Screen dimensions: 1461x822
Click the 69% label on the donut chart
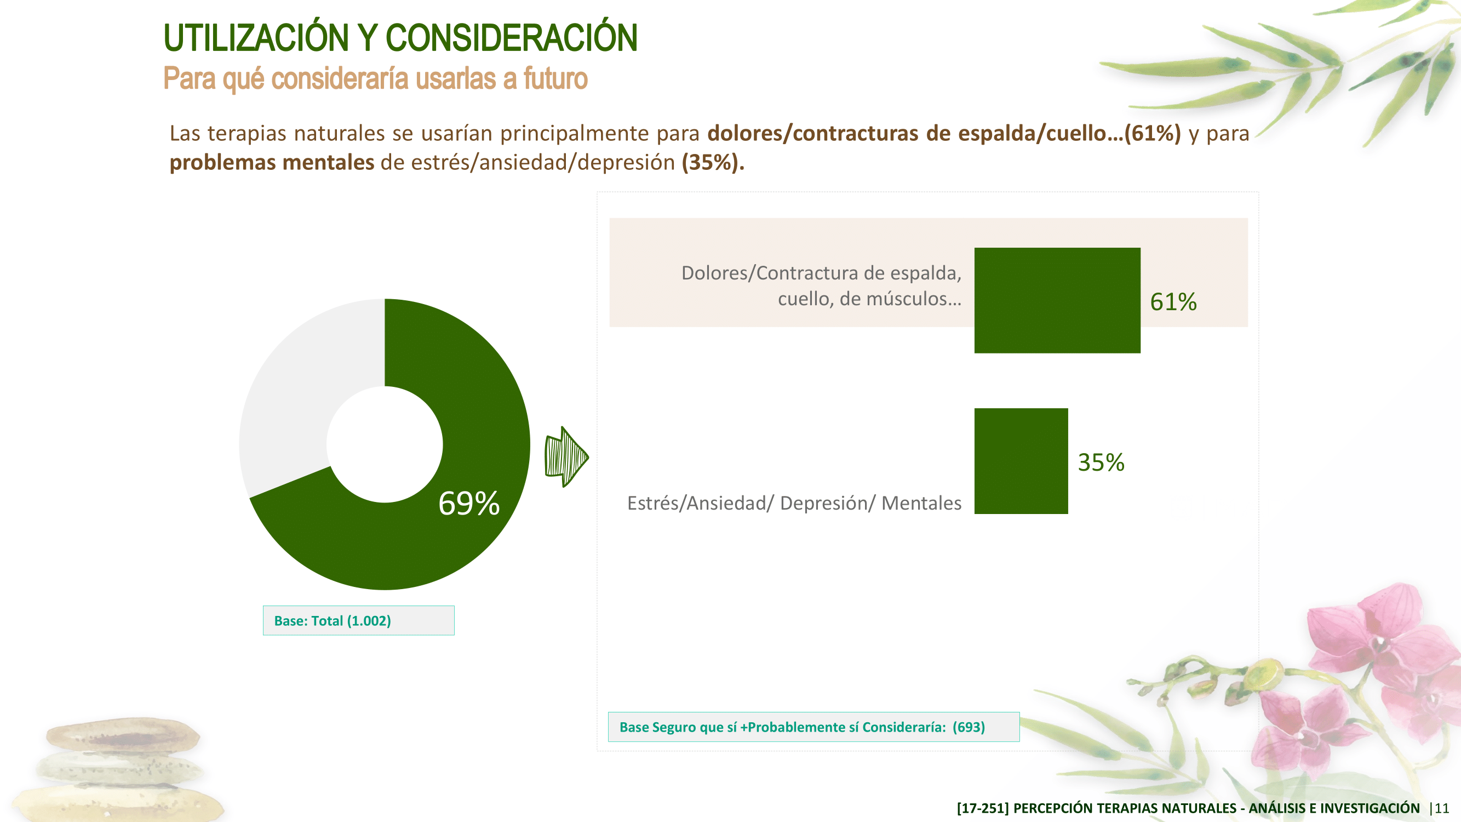click(469, 503)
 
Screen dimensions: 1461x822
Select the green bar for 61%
click(1057, 300)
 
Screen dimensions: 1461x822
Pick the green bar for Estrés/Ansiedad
click(1021, 461)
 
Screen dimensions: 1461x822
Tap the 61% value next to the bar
click(1173, 302)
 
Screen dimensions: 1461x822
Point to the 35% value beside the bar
click(1101, 463)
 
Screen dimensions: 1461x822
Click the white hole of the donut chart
click(385, 444)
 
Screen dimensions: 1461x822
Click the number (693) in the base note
click(969, 727)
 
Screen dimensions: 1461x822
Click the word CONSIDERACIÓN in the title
click(512, 38)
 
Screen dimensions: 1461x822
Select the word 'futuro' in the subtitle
click(555, 78)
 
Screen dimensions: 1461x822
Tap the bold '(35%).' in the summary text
click(713, 162)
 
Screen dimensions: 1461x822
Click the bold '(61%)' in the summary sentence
click(1153, 133)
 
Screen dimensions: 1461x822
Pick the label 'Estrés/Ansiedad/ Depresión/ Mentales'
click(794, 503)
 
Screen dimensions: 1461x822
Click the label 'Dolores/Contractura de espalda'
click(821, 273)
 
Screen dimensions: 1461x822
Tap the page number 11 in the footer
click(1442, 808)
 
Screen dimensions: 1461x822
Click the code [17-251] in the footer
click(983, 808)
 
